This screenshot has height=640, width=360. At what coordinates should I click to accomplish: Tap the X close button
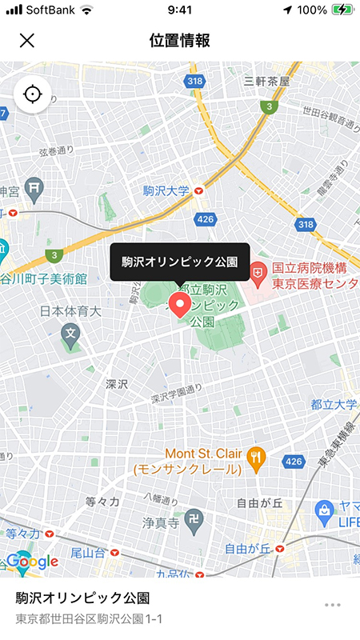pos(27,40)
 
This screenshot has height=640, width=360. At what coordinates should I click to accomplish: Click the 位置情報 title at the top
pos(180,40)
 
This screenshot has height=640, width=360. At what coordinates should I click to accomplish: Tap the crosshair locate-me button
pos(32,94)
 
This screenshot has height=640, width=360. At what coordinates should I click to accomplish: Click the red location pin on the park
pos(181,304)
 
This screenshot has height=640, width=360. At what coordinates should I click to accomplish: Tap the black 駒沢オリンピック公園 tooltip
pos(180,262)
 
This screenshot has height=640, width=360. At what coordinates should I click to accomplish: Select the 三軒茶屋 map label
pos(267,81)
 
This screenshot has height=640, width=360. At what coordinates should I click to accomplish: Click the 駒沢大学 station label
pos(166,191)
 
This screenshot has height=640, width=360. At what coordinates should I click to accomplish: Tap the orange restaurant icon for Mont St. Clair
pos(256,458)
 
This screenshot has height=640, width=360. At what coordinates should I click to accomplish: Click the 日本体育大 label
pos(71,310)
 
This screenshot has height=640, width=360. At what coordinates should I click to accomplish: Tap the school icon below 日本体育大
pos(70,334)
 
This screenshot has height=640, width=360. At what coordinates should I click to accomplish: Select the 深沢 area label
pos(117,385)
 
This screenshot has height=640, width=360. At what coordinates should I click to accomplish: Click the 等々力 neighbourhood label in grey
pos(102,502)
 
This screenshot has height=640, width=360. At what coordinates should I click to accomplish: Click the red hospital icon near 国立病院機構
pos(258,274)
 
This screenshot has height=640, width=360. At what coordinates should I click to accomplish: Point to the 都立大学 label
pos(334,405)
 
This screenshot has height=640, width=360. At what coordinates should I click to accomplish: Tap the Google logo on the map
pos(32,561)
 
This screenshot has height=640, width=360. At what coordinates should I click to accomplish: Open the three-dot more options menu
pos(333,605)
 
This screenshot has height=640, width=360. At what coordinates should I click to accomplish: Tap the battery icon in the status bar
pos(342,10)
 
